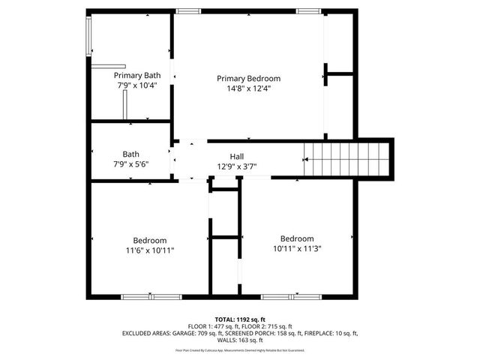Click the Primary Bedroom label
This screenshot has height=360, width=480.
click(248, 79)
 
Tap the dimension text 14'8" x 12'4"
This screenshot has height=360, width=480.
click(248, 88)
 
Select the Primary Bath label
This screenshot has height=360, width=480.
click(137, 76)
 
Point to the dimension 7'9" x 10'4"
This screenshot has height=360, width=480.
click(137, 85)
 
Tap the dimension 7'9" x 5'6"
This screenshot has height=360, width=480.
click(131, 164)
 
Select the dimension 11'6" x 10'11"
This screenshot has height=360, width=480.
click(149, 250)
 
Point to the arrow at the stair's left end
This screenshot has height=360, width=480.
click(305, 159)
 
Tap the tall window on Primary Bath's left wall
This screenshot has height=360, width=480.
click(88, 36)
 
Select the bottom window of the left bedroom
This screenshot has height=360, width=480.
click(151, 297)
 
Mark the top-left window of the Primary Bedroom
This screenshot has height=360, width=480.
click(187, 10)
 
